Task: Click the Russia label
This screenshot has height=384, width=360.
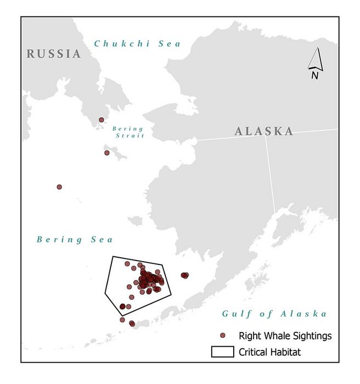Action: [x=54, y=54]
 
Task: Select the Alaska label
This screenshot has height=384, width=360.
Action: [x=263, y=131]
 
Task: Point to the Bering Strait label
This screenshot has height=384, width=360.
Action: [x=128, y=132]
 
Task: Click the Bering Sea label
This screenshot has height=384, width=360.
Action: [x=75, y=239]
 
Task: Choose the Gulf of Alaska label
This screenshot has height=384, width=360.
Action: [x=274, y=314]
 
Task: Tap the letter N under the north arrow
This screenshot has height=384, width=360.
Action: [x=314, y=76]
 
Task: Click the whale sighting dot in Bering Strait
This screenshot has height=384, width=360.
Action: [x=102, y=120]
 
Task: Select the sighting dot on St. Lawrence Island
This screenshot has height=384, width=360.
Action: [x=107, y=153]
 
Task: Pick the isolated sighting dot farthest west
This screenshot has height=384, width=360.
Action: [x=59, y=187]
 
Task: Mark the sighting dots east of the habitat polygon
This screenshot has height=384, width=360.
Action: [x=184, y=275]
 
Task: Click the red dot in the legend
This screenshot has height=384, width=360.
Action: [x=222, y=335]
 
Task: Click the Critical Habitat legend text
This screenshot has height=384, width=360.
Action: [x=269, y=352]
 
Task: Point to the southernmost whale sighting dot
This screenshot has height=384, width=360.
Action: [x=132, y=323]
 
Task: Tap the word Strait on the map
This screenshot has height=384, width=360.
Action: [x=128, y=135]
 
